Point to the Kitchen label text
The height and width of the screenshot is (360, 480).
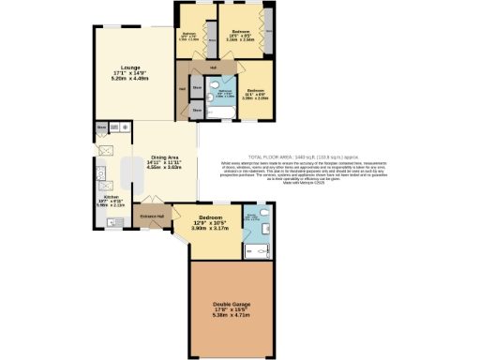tap(111, 200)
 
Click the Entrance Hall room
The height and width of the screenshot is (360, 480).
tap(151, 217)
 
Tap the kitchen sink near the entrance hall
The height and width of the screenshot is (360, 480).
tap(113, 222)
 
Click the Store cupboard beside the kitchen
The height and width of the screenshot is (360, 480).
tap(101, 126)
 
